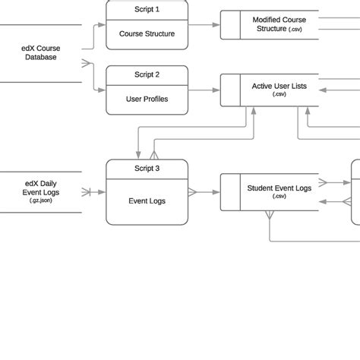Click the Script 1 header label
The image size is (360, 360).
coord(147,9)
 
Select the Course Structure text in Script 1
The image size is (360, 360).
coord(147,33)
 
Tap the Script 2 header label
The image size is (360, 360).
coord(147,74)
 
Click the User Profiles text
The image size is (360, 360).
coord(147,99)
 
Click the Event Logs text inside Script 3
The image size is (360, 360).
coord(147,201)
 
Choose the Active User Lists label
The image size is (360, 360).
coord(279,87)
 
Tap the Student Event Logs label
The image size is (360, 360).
coord(279,188)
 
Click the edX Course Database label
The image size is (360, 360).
coord(41,52)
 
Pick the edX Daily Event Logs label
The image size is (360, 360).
coord(41,188)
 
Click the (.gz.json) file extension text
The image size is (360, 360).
coord(41,201)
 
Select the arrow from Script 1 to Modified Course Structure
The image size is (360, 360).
coord(204,24)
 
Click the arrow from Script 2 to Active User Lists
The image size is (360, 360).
coord(204,90)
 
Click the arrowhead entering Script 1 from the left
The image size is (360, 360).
coord(103,25)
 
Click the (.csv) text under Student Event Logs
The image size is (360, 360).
coord(279,196)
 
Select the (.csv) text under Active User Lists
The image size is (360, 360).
coord(279,96)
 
